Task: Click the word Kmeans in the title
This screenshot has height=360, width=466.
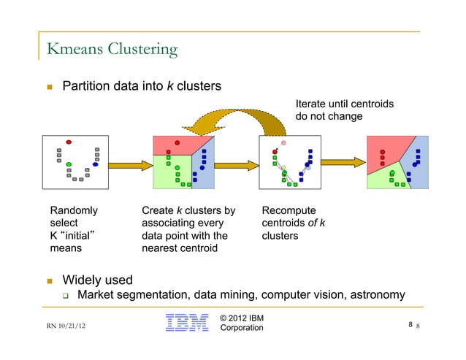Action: click(x=72, y=50)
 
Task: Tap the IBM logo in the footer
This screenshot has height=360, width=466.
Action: click(x=187, y=323)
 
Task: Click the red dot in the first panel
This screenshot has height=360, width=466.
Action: click(x=69, y=142)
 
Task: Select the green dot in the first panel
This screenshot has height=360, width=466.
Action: click(x=69, y=164)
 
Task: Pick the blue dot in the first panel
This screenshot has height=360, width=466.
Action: click(x=96, y=164)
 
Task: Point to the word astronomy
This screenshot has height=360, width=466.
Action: click(x=370, y=294)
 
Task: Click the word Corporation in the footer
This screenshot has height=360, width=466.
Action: click(x=242, y=328)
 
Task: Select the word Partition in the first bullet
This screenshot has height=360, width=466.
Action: click(x=88, y=86)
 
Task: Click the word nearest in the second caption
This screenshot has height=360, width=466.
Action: click(x=161, y=248)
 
